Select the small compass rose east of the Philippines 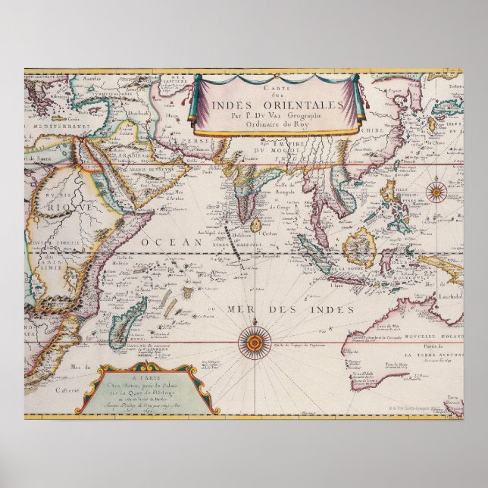tap(439, 189)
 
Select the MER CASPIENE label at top tap(179, 78)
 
